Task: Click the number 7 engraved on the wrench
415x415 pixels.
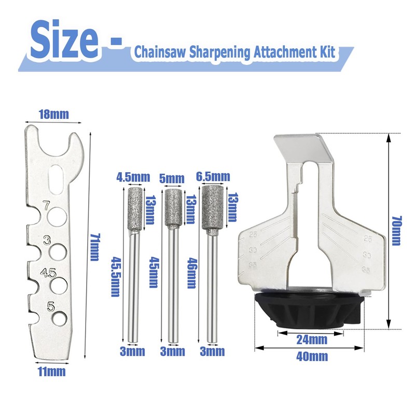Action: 47,206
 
